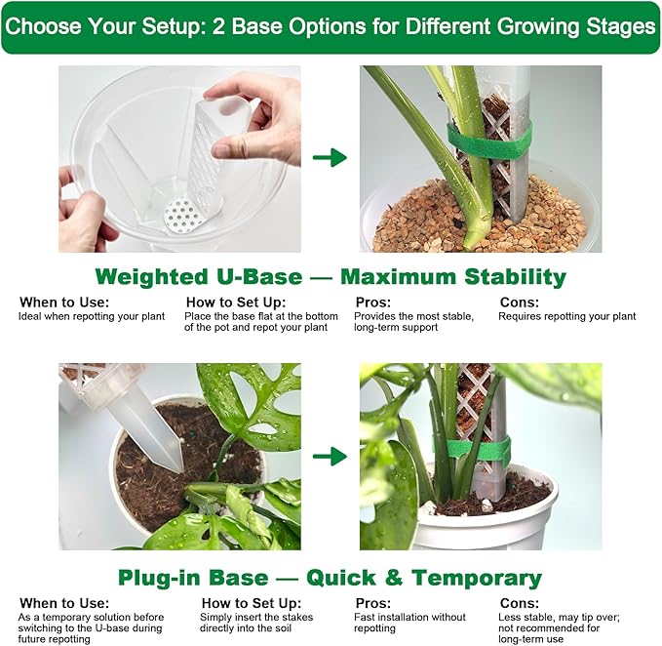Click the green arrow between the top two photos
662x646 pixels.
point(330,157)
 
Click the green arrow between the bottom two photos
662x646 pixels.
point(330,457)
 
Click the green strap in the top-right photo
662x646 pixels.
point(488,141)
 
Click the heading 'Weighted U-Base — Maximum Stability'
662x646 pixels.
point(331,277)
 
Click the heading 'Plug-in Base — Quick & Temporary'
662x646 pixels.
point(330,578)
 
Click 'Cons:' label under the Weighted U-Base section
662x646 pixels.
point(520,303)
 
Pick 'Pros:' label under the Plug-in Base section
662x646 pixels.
point(373,603)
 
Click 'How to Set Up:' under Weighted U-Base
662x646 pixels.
point(236,303)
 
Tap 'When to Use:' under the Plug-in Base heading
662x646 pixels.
point(64,603)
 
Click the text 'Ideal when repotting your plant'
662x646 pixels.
point(92,316)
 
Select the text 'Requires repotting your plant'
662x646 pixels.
point(567,316)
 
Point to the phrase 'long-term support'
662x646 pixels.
point(396,328)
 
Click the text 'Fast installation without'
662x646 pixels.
point(409,618)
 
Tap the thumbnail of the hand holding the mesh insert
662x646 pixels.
point(179,159)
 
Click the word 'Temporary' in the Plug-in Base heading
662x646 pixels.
point(476,578)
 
